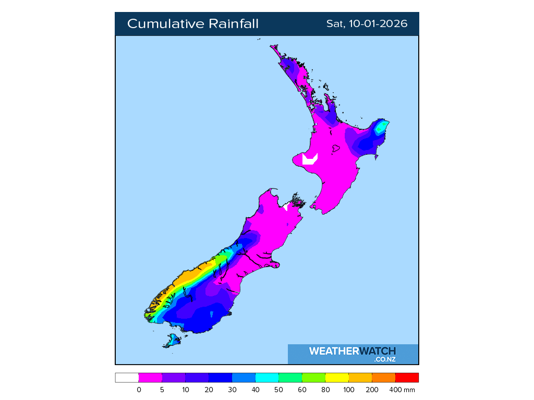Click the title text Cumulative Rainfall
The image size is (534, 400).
point(192,24)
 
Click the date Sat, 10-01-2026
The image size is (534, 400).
point(367,24)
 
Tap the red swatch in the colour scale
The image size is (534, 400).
point(407,378)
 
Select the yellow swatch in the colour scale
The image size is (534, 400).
point(336,378)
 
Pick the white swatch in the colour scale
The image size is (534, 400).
point(127,378)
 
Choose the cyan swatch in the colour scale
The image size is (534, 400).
point(266,378)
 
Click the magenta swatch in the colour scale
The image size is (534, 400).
point(150,378)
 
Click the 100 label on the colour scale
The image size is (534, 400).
point(348,390)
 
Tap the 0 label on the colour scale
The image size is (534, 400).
point(139,390)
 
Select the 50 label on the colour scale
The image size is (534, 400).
point(278,390)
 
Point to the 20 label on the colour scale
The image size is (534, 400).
point(209,390)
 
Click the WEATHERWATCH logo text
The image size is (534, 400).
point(352,351)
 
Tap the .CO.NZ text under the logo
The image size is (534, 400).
point(384,359)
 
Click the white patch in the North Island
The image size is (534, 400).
point(309,159)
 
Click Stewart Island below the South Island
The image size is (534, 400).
point(172,342)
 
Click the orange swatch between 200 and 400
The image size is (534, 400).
point(383,378)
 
